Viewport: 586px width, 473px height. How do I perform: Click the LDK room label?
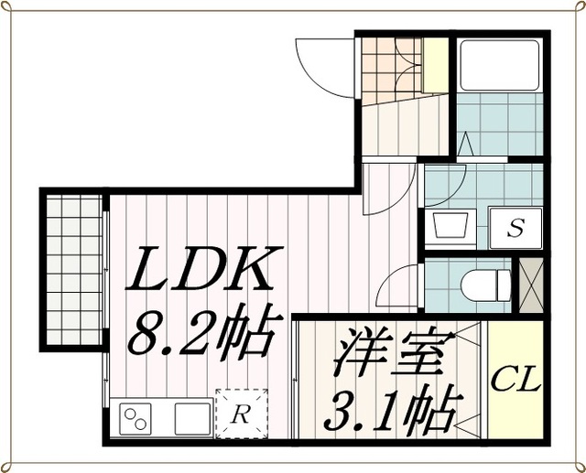click(203, 268)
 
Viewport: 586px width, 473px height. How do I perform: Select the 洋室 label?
click(388, 352)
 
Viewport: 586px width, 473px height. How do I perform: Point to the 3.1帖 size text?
click(392, 409)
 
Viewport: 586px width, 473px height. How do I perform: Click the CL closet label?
click(516, 379)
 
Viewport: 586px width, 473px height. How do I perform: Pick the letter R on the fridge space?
click(240, 414)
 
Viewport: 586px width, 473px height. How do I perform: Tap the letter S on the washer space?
click(515, 228)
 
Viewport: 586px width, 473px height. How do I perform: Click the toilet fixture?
click(486, 285)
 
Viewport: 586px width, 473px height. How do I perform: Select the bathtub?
click(499, 65)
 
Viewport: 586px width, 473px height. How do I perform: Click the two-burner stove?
click(136, 419)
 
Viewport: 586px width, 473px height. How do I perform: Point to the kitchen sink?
click(192, 419)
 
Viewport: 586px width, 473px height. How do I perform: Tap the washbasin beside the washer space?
click(451, 225)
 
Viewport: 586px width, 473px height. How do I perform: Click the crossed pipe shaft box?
click(531, 285)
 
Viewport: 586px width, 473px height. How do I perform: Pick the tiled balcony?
click(74, 270)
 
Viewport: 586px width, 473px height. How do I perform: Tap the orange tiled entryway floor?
click(393, 69)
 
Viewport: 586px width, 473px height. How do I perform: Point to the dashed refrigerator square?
click(242, 414)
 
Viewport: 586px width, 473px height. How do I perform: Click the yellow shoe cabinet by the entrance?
click(436, 66)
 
